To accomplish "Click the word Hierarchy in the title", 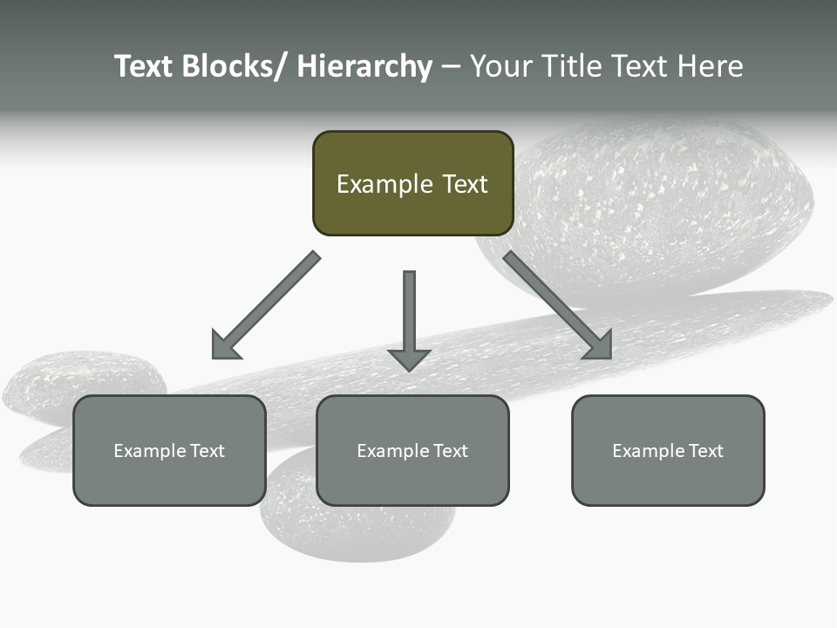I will [364, 67].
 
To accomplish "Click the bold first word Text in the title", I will [144, 67].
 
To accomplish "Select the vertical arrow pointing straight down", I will [409, 314].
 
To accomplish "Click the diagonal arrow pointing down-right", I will [558, 305].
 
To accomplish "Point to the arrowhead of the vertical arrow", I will [409, 359].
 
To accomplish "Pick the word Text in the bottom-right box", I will [706, 451].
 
